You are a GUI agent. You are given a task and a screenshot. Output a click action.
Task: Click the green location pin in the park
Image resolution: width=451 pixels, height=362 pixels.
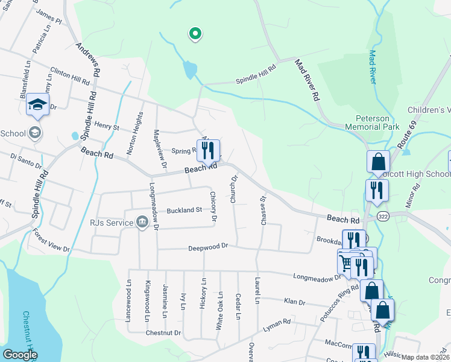194,34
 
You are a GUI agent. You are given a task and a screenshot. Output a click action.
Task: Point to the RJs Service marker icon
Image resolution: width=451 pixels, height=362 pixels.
142,222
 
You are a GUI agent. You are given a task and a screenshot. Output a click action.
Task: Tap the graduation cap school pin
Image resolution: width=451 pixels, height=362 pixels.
37,106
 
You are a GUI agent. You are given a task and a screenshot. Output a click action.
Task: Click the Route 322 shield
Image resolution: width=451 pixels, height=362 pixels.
382,215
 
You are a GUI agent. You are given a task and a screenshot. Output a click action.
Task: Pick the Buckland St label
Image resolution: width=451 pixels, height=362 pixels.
184,211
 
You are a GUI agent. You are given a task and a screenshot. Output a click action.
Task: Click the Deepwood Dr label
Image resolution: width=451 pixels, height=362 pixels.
208,246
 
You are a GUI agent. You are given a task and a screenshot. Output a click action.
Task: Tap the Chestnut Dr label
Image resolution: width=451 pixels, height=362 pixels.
163,332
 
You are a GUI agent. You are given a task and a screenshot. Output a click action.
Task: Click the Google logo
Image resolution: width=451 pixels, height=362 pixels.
20,355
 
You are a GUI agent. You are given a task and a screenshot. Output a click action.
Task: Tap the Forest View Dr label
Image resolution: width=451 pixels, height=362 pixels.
51,240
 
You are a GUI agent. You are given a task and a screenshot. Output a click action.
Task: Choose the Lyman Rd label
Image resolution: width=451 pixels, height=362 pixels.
277,326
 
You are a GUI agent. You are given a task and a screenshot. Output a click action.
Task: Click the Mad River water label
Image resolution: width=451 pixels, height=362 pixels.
372,66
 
